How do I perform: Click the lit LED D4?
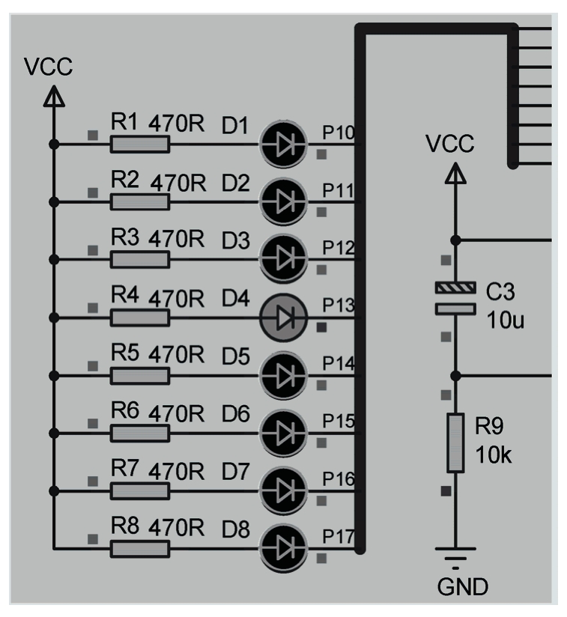282,318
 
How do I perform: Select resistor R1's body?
139,144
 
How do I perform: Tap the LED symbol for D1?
282,144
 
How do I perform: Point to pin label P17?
338,538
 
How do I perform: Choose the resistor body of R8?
139,549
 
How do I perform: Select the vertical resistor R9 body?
455,442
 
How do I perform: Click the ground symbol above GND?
455,555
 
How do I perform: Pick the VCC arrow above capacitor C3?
455,174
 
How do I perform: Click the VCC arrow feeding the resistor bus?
53,95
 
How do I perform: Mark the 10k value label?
494,455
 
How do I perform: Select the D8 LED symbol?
282,549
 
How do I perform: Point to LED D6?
282,433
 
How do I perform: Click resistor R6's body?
139,433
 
